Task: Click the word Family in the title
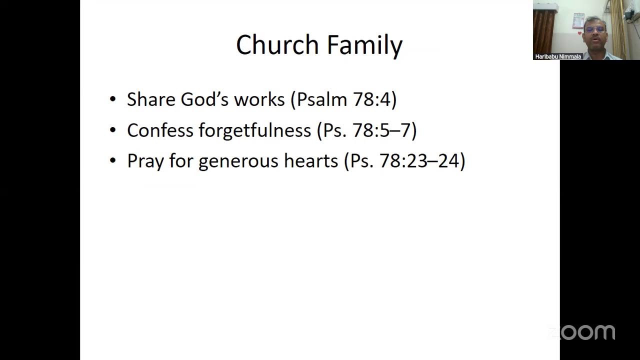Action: (365, 45)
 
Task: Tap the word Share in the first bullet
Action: (151, 99)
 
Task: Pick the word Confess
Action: (160, 130)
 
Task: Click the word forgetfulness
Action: (254, 130)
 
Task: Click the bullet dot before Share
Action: (112, 99)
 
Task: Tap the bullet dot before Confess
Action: (112, 130)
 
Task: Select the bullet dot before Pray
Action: (112, 161)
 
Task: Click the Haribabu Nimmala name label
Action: (558, 56)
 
